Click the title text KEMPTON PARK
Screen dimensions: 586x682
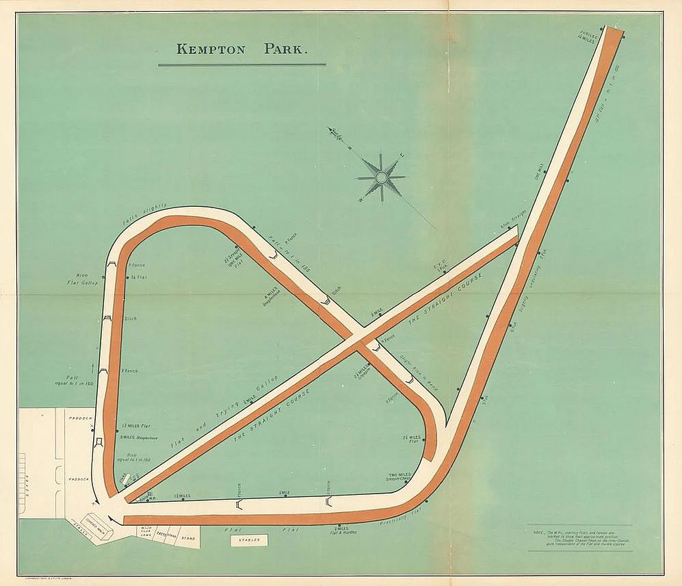243,49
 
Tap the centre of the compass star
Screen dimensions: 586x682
382,178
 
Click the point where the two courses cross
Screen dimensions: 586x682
358,336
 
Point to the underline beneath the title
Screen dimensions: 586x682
241,65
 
